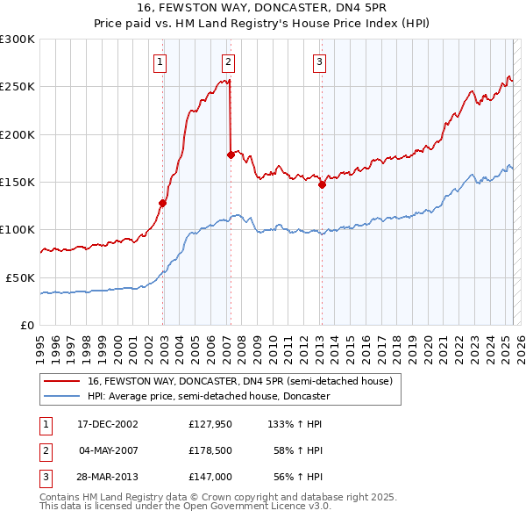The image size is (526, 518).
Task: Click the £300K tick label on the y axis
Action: pos(17,40)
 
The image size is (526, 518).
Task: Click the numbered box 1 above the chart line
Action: pos(161,61)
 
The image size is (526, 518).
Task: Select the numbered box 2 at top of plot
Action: pos(228,61)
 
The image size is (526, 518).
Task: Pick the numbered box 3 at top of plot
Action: pos(319,61)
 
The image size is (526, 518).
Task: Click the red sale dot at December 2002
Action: pos(163,203)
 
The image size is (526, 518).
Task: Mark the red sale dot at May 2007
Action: pos(231,155)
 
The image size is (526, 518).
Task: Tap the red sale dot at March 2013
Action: pos(322,184)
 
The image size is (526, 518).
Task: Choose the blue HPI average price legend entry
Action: pos(208,396)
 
